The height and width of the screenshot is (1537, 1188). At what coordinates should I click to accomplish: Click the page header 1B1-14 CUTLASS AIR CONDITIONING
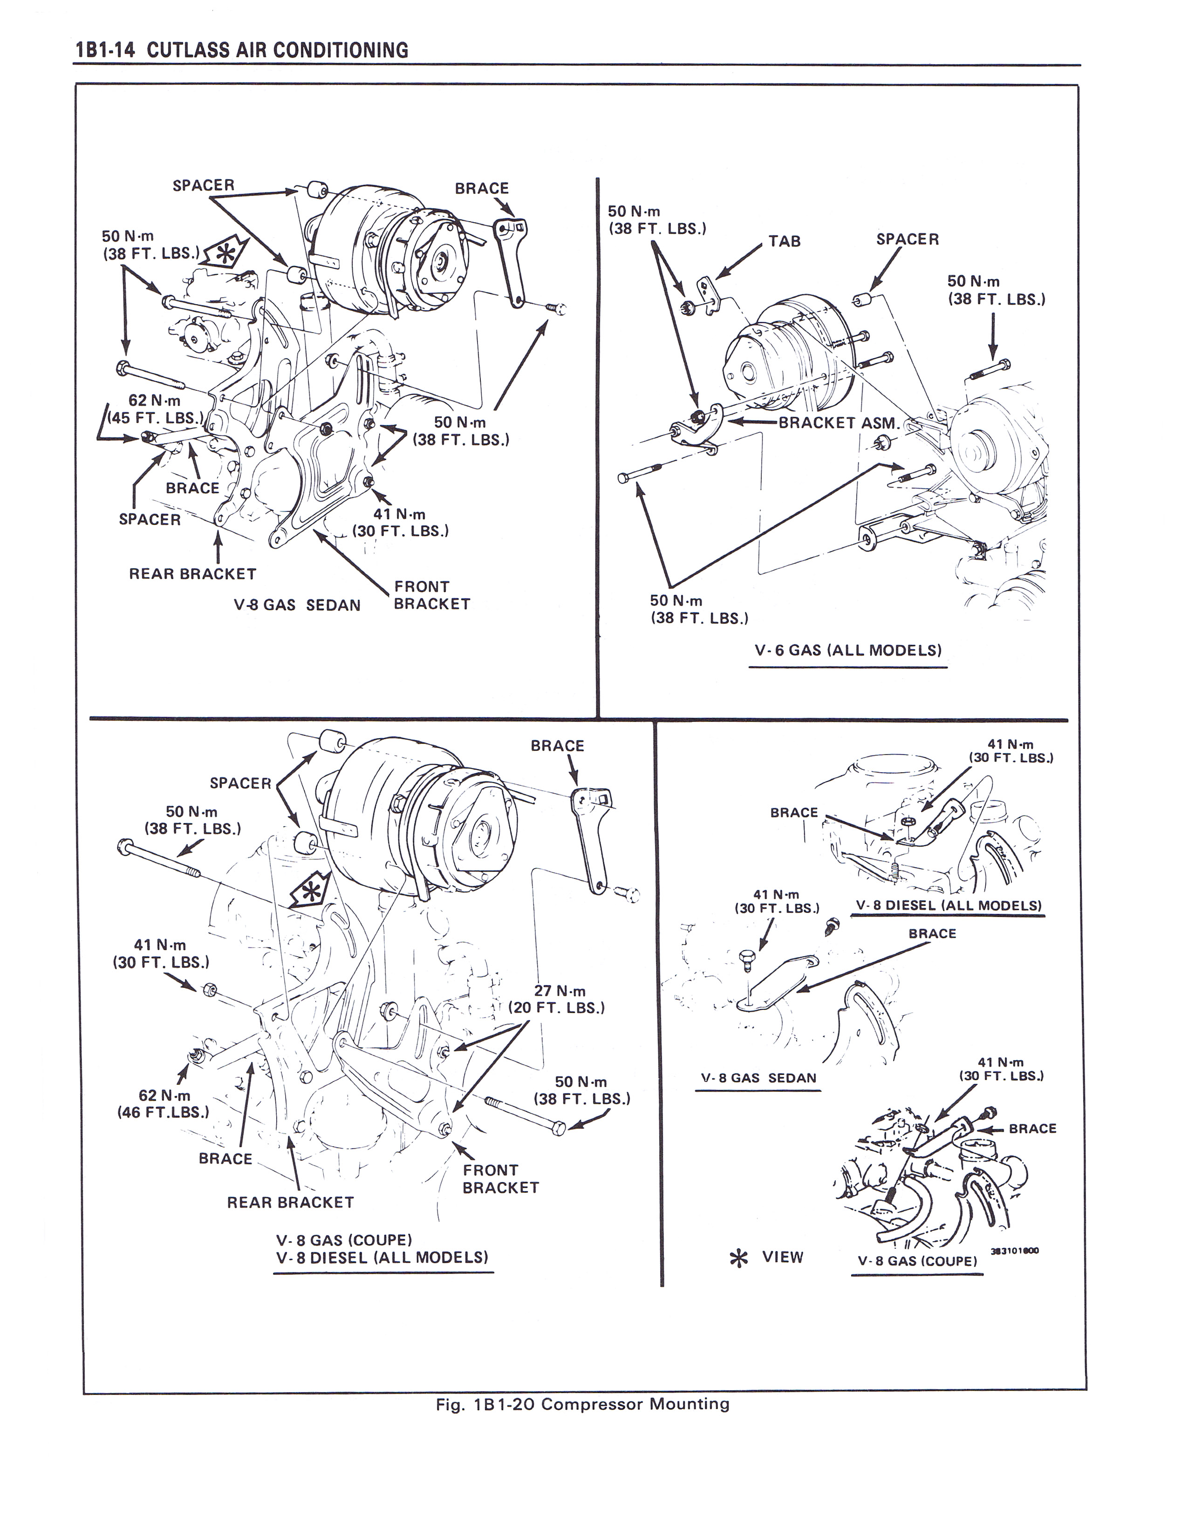pos(241,51)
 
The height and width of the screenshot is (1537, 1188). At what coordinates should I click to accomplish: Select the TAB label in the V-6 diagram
pos(784,241)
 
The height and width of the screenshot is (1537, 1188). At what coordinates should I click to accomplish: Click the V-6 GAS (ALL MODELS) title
pos(847,650)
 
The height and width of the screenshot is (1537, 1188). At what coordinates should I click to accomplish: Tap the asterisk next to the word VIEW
pos(738,1258)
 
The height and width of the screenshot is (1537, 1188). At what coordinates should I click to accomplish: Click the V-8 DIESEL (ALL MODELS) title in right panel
pos(948,906)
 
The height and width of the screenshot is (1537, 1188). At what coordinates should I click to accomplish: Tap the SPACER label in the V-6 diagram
pos(907,239)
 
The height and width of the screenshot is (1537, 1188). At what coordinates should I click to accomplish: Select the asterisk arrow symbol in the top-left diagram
pos(223,255)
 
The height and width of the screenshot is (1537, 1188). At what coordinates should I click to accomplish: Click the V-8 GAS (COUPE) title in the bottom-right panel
pos(917,1261)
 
